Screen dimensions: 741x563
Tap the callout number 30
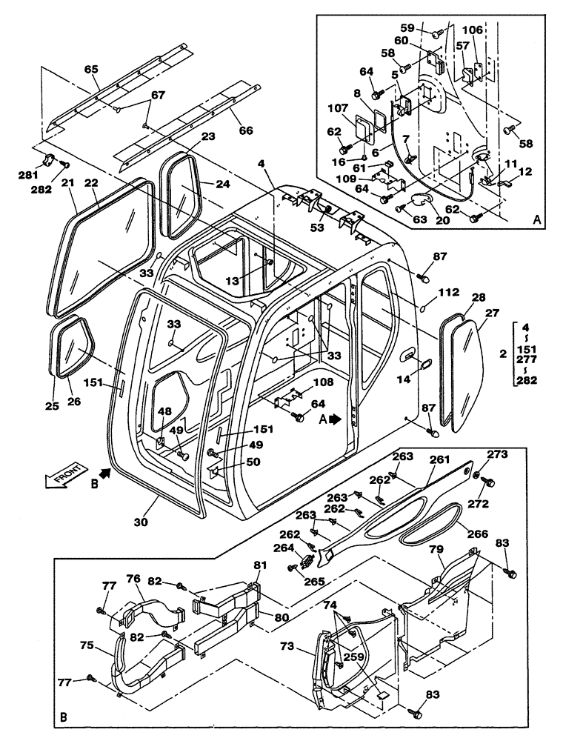click(x=141, y=522)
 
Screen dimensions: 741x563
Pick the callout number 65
click(x=91, y=69)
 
